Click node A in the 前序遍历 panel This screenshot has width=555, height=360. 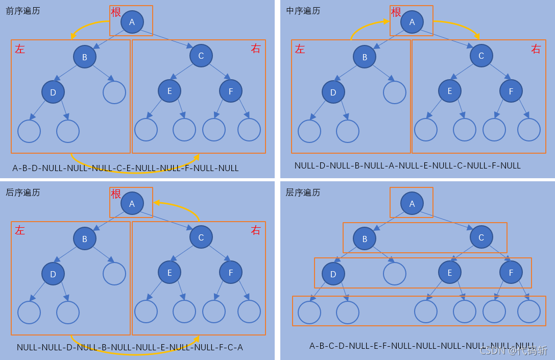point(132,22)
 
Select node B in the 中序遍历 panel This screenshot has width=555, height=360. point(365,57)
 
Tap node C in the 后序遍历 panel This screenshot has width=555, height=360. point(201,237)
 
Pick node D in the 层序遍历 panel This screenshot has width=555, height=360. point(333,274)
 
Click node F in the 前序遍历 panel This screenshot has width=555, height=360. point(231,91)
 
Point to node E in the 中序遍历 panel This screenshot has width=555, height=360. point(450,91)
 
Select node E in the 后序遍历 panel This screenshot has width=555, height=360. point(170,273)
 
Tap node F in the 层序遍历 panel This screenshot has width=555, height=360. point(511,273)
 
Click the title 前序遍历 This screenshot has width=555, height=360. point(23,11)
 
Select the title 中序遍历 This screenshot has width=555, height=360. point(303,11)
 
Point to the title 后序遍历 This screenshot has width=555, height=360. point(23,193)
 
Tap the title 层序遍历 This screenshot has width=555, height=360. point(303,193)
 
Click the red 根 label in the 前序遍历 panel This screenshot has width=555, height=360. point(116,12)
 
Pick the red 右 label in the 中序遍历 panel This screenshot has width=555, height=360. point(536,49)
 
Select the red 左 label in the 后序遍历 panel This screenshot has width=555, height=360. point(20,230)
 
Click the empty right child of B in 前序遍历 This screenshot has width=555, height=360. point(114,92)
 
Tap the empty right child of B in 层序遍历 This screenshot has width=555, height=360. point(395,273)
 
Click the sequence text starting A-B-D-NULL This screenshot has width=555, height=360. point(126,168)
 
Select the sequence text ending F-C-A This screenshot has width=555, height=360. point(130,347)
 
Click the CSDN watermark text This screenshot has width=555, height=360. point(514,350)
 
